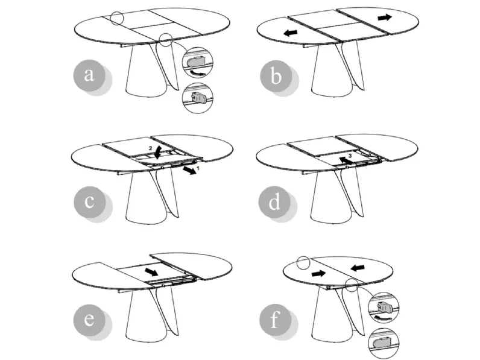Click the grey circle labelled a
(89, 75)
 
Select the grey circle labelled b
(276, 76)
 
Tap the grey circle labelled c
(89, 202)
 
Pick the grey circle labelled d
(274, 202)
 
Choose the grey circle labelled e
(89, 320)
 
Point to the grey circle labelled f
(275, 320)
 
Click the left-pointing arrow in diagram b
(291, 33)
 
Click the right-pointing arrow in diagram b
(385, 17)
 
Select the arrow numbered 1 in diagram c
(190, 171)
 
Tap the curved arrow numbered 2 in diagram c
(159, 153)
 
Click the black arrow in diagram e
(151, 272)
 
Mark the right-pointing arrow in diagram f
(318, 273)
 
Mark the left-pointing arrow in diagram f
(358, 268)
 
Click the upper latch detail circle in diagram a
(198, 63)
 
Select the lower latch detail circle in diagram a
(197, 98)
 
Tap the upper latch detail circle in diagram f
(384, 308)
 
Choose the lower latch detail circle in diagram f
(384, 343)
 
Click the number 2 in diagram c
(150, 148)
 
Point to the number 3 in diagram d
(350, 156)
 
